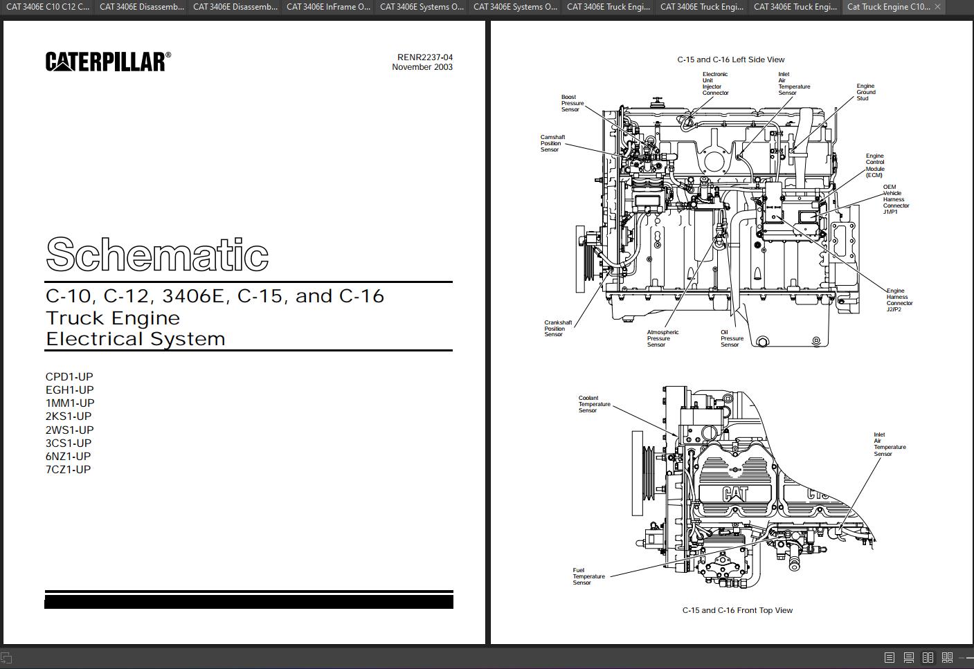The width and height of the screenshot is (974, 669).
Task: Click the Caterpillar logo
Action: [x=108, y=62]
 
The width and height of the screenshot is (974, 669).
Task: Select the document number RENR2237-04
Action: [x=424, y=57]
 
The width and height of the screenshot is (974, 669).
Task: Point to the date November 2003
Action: [x=422, y=67]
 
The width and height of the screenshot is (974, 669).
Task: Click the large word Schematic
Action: [x=157, y=255]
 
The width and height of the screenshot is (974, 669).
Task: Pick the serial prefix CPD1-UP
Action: [x=69, y=377]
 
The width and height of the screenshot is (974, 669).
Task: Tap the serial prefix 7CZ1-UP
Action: [x=69, y=470]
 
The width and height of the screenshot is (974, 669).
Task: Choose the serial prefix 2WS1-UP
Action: [x=69, y=430]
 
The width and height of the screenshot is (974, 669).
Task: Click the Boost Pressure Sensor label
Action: [x=572, y=103]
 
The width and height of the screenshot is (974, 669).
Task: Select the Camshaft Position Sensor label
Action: [x=552, y=143]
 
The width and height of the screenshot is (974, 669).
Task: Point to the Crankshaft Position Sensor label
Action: [x=557, y=328]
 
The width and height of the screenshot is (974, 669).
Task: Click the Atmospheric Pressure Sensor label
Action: [x=662, y=338]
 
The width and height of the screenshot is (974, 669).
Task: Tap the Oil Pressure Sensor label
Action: [x=732, y=338]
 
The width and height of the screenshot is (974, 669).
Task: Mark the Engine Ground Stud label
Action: [x=866, y=92]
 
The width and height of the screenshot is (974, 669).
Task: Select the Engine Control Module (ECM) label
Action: [x=875, y=165]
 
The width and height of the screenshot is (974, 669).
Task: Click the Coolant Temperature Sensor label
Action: [x=594, y=404]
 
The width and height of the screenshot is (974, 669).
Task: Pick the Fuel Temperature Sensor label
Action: [x=588, y=576]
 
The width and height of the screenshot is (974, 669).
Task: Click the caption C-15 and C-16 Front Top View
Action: [x=737, y=610]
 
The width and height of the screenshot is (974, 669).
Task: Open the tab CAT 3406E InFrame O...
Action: [x=328, y=7]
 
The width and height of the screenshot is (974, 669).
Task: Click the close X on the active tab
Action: [x=937, y=7]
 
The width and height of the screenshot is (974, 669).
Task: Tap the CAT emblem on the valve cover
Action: [x=735, y=493]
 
